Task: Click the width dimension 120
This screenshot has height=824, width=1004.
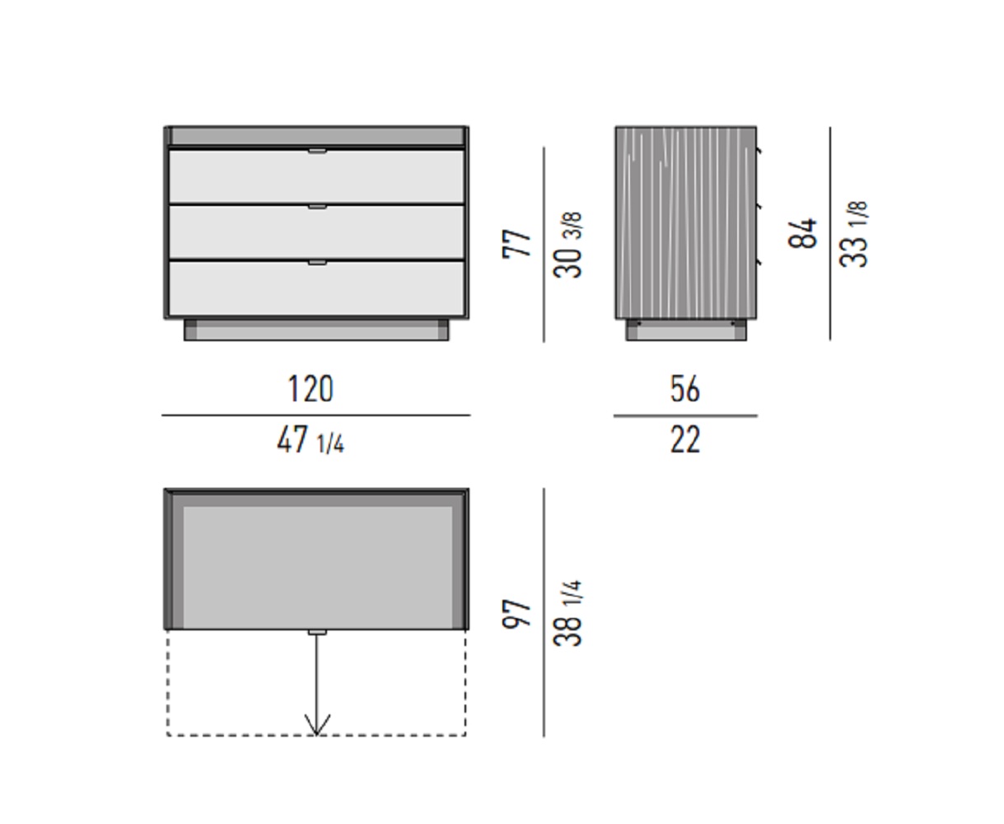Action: coord(311,389)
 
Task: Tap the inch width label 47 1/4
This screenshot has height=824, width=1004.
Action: coord(311,440)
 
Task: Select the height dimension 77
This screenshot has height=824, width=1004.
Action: coord(516,244)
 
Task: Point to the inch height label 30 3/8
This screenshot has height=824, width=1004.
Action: coord(567,245)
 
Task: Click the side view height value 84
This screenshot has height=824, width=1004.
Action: coord(803,233)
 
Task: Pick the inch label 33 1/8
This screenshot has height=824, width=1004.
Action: coord(853,234)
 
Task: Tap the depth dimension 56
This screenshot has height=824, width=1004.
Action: coord(685,389)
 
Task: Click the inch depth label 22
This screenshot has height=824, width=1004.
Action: coord(685,440)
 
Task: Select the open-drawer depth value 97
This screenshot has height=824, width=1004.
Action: coord(516,615)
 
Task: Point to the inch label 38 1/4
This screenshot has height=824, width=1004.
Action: coord(567,614)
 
